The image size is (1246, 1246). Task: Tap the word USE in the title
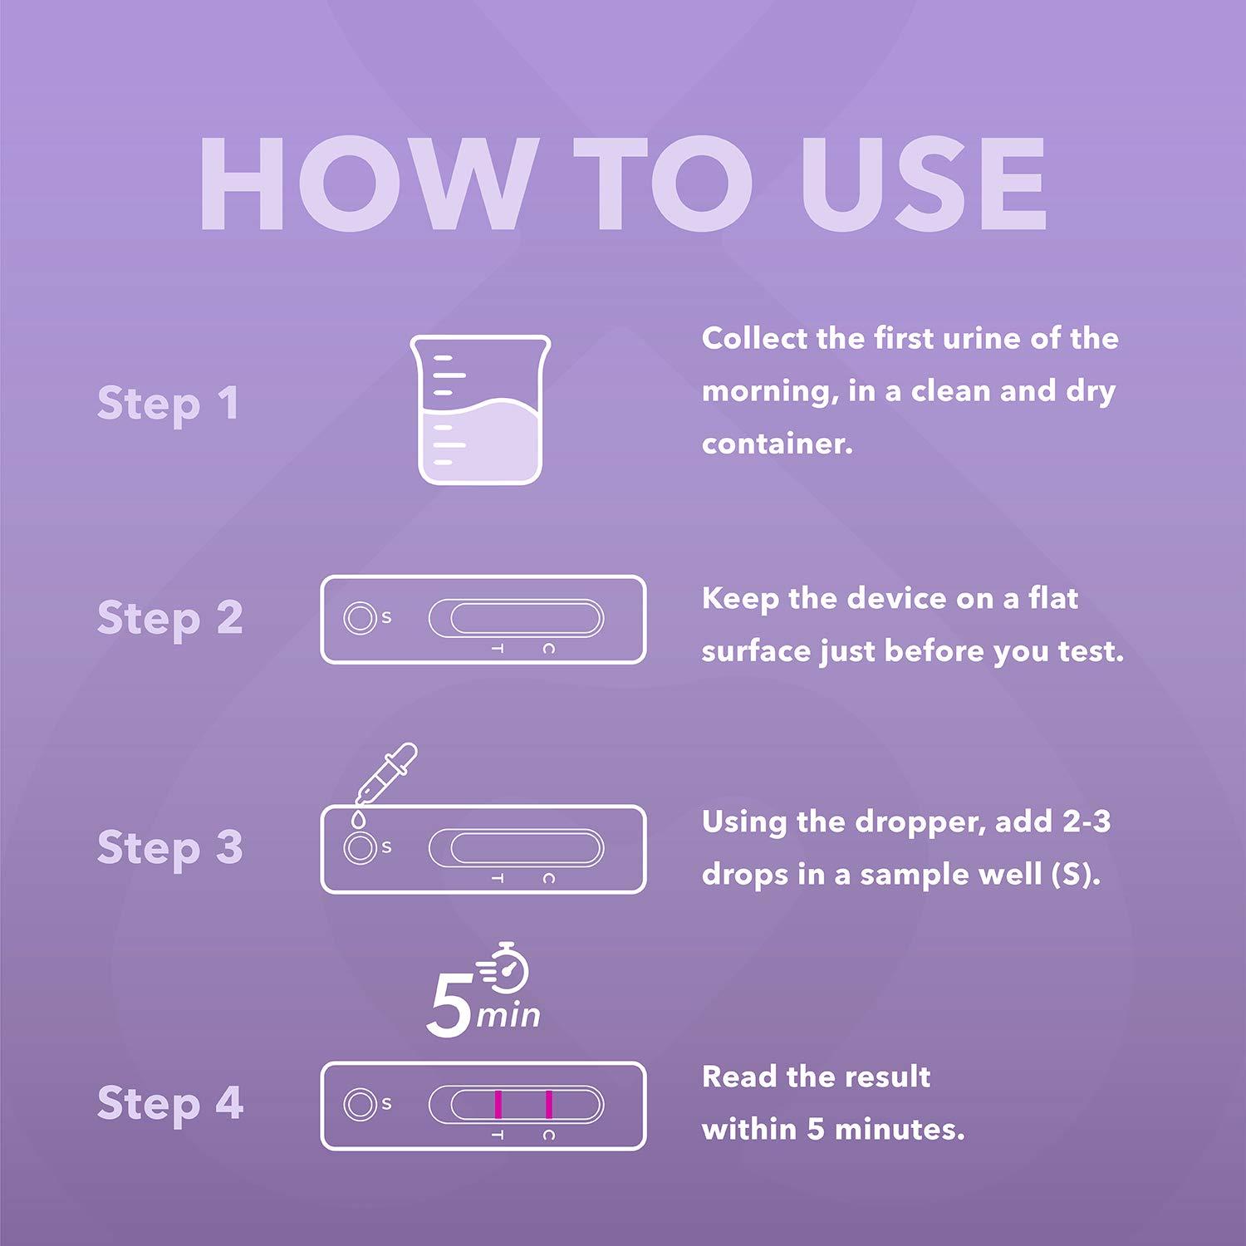(x=922, y=184)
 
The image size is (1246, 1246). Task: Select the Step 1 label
(x=168, y=405)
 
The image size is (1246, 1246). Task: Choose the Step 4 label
(x=169, y=1104)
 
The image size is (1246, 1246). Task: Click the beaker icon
(x=480, y=410)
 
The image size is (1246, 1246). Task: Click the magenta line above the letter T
(x=498, y=1104)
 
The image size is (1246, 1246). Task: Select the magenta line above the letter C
(x=549, y=1104)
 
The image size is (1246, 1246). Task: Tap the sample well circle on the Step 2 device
(x=360, y=618)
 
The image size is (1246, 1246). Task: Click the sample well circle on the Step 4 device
(x=360, y=1104)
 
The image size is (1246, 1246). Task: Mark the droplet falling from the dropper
(x=358, y=818)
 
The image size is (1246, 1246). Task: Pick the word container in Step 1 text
(x=777, y=444)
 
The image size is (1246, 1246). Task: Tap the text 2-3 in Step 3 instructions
(x=1087, y=822)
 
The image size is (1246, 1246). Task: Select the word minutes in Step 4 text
(x=899, y=1129)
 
